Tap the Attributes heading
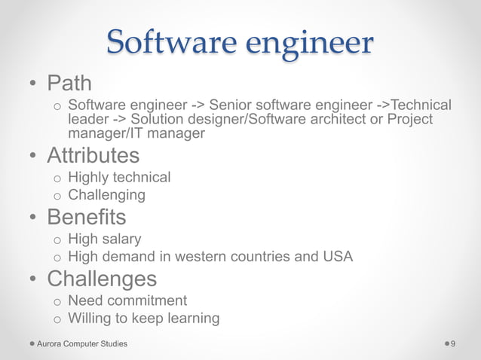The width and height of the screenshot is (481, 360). tap(93, 155)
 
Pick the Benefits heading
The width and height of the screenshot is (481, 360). tap(86, 217)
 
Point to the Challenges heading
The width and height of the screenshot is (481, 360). tap(102, 279)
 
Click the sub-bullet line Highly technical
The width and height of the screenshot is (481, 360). tap(119, 177)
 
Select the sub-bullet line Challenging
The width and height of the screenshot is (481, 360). tap(106, 194)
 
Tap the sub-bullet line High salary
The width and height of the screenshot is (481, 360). tap(104, 239)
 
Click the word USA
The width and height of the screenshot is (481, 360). tap(337, 256)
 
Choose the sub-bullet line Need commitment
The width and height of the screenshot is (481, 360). tap(127, 301)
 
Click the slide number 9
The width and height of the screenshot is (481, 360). tap(453, 343)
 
